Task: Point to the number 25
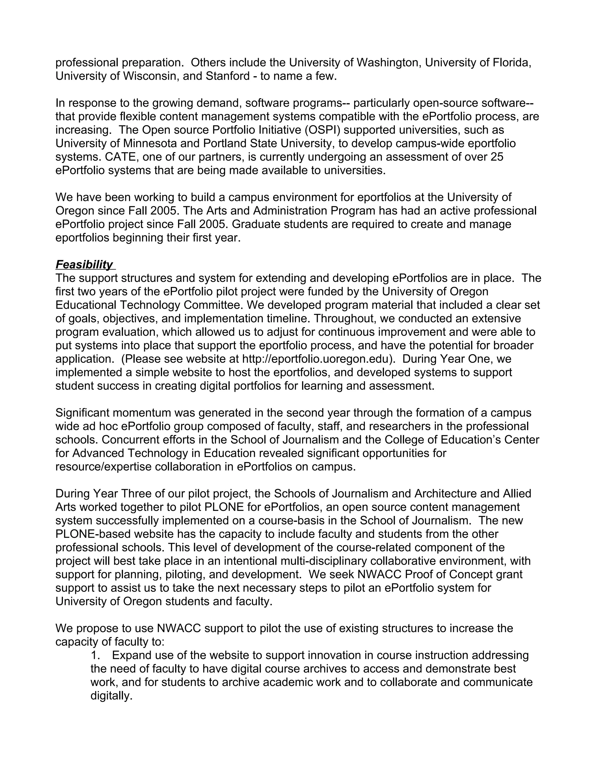tap(496, 157)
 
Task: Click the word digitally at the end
tap(111, 696)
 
